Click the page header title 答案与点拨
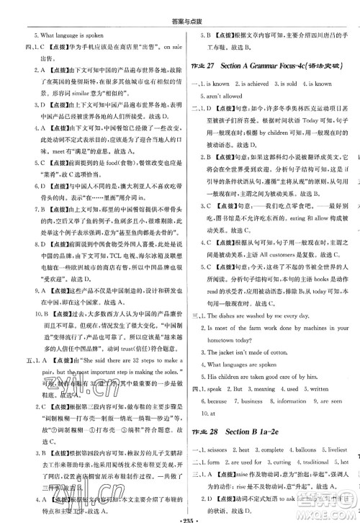pos(181,7)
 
